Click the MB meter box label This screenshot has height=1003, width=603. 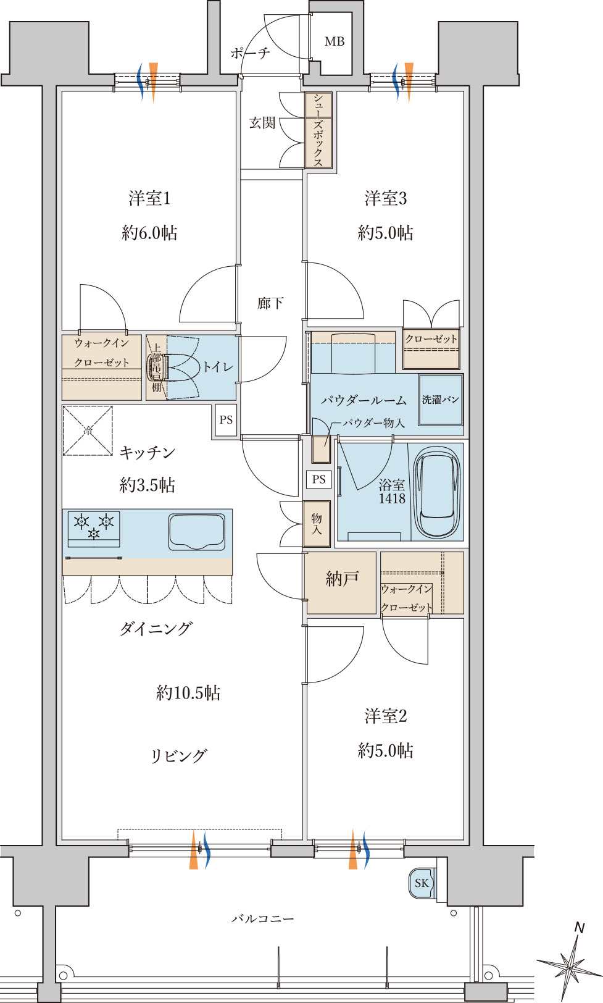pyautogui.click(x=335, y=41)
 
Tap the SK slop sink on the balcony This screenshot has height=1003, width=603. pyautogui.click(x=422, y=883)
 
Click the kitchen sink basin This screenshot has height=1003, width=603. pyautogui.click(x=197, y=532)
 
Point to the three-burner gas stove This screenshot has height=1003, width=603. pyautogui.click(x=94, y=529)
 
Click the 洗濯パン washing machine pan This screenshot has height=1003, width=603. pyautogui.click(x=441, y=400)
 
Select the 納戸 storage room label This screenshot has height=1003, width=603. pyautogui.click(x=342, y=579)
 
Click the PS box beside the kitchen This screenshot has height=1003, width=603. pyautogui.click(x=226, y=420)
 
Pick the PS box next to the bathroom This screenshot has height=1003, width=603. pyautogui.click(x=318, y=479)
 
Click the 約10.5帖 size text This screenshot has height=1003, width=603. pyautogui.click(x=188, y=693)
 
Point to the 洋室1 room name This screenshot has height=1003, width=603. pyautogui.click(x=149, y=198)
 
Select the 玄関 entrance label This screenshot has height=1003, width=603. pyautogui.click(x=262, y=123)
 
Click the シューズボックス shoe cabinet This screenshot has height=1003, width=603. pyautogui.click(x=318, y=130)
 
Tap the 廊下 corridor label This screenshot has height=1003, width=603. pyautogui.click(x=270, y=304)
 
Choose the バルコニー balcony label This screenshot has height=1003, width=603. pyautogui.click(x=263, y=919)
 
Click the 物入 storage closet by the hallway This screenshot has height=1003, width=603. pyautogui.click(x=317, y=524)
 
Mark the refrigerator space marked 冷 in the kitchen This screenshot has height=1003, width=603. pyautogui.click(x=88, y=430)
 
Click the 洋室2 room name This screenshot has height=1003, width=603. pyautogui.click(x=386, y=716)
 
